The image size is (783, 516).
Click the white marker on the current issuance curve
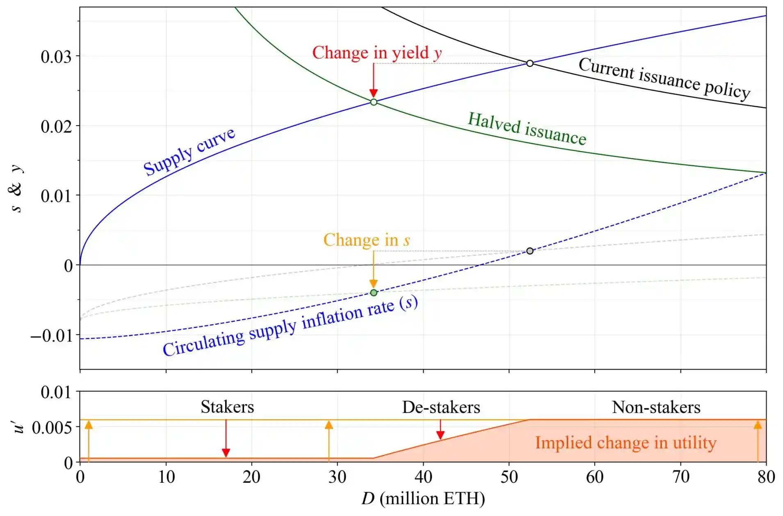tap(530, 63)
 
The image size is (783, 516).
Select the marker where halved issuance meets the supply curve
tap(373, 102)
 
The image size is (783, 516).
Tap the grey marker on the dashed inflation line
tap(530, 251)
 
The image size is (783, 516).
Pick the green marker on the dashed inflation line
tap(373, 293)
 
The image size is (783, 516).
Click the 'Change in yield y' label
tap(377, 53)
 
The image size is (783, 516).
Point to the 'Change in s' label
tap(366, 240)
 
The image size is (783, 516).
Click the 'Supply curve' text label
tap(189, 151)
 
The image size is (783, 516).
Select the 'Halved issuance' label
tap(527, 128)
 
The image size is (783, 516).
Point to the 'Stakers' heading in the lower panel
tap(227, 407)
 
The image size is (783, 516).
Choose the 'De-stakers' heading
tap(441, 407)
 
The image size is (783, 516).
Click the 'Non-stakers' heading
tap(656, 407)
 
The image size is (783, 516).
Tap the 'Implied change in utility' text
tap(625, 443)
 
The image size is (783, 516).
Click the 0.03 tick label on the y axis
tap(56, 57)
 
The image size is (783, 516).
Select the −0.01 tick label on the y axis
tap(51, 336)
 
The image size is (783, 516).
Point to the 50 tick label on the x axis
tap(509, 477)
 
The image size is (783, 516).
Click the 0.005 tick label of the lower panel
tap(52, 428)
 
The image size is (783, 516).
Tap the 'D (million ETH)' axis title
tap(423, 499)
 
